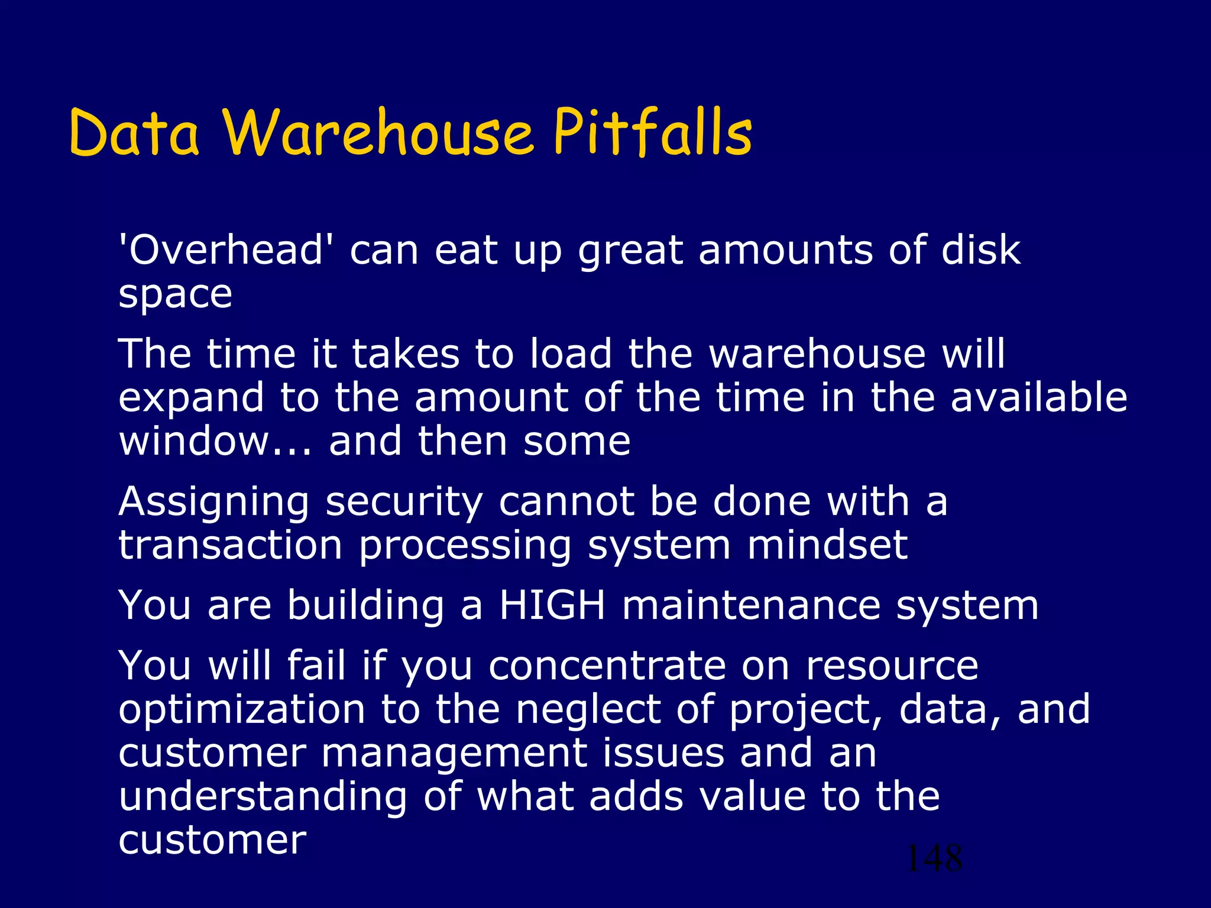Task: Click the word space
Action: [x=175, y=294]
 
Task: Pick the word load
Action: [x=571, y=354]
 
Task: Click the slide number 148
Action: [x=934, y=858]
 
